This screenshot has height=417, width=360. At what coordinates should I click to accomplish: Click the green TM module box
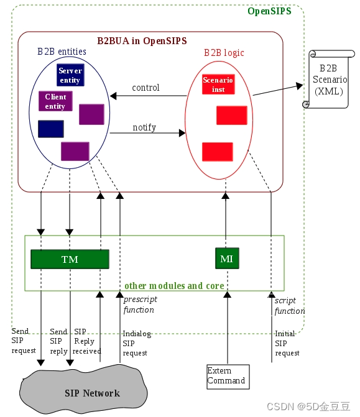[x=70, y=259]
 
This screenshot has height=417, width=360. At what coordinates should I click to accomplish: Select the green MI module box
[x=226, y=259]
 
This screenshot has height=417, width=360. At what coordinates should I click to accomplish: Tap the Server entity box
[x=70, y=75]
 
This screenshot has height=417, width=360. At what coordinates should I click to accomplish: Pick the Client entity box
[x=55, y=101]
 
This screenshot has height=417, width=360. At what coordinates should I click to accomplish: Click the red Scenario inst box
[x=218, y=85]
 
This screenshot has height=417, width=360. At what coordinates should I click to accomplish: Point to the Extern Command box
[x=228, y=376]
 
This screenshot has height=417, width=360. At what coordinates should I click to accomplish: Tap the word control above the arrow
[x=145, y=88]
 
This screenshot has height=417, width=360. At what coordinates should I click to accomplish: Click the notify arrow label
[x=144, y=127]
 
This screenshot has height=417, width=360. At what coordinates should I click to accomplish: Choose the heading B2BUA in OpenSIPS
[x=142, y=41]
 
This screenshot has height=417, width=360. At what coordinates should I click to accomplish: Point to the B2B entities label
[x=62, y=51]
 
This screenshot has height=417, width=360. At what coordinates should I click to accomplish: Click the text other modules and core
[x=174, y=286]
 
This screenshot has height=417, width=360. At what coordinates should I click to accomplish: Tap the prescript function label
[x=140, y=305]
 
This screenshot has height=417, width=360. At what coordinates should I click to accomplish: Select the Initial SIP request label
[x=287, y=343]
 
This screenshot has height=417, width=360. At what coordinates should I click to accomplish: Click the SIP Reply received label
[x=86, y=341]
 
